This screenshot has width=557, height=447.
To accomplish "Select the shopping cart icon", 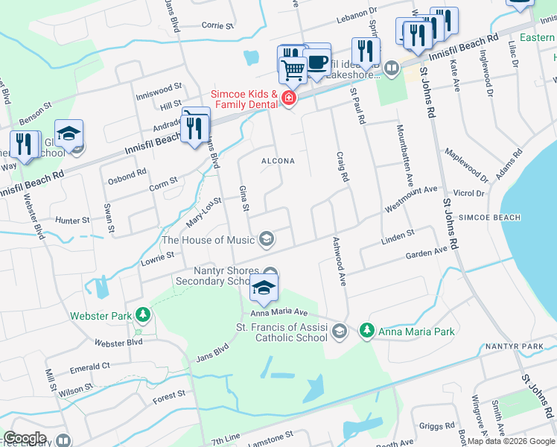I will pos(293,70).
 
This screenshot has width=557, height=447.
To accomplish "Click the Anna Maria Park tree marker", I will pos(366,329).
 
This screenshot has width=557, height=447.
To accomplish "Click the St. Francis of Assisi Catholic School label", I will pos(281,332).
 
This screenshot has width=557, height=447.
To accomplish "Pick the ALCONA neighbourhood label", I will pos(277,161).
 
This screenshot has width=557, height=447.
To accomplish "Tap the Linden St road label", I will pos(397,235).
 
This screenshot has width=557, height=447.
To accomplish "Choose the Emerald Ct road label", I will pos(89,367).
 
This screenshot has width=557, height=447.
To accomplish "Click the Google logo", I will pos(25,438).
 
